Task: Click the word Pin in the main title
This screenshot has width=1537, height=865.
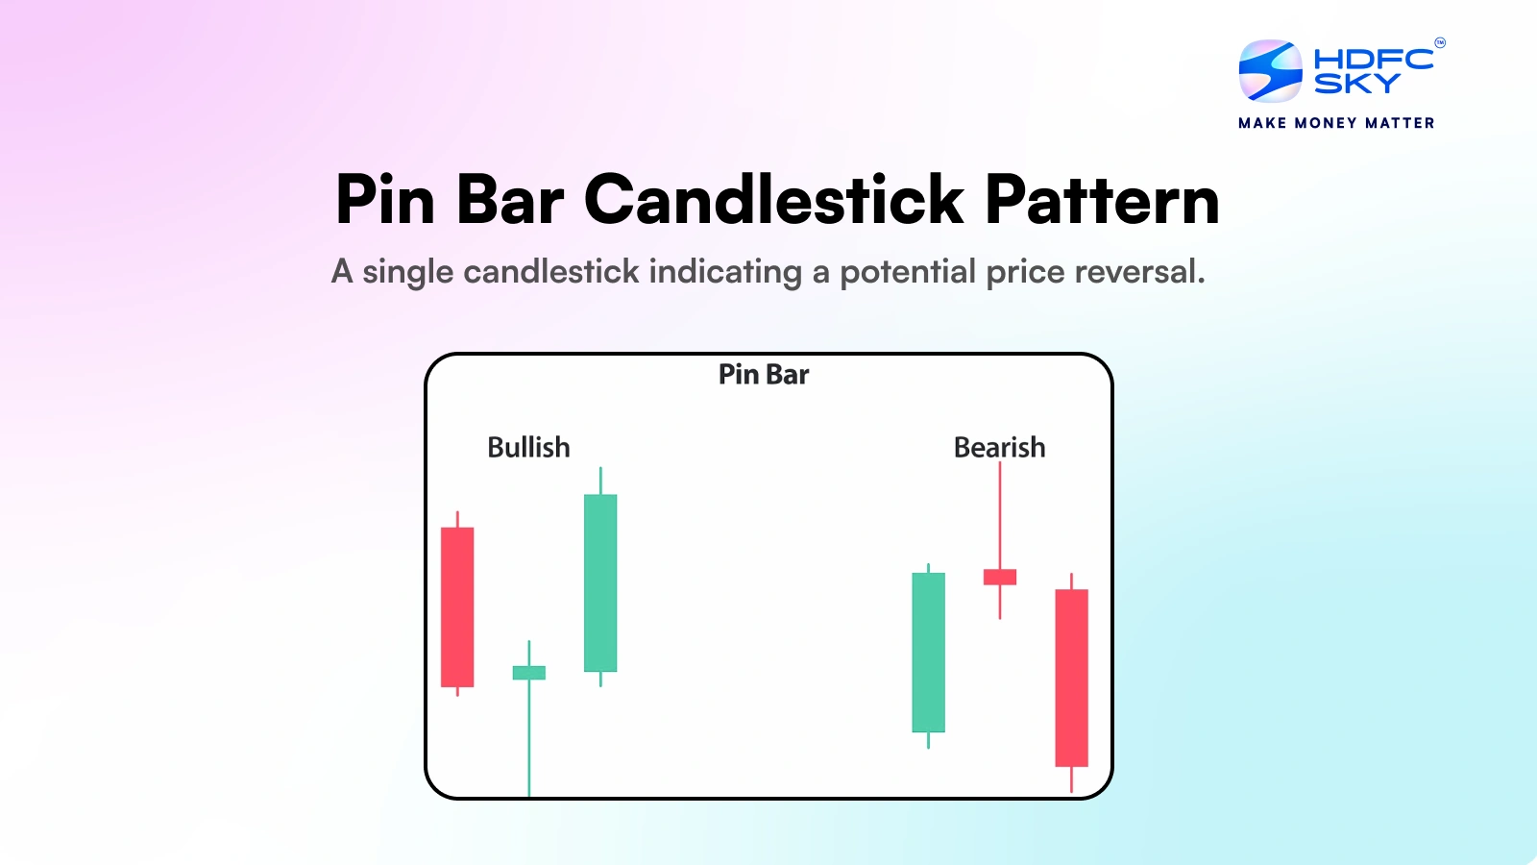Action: point(385,200)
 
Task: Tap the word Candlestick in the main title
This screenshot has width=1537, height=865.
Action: point(773,200)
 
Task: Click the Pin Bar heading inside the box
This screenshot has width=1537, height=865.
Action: point(764,375)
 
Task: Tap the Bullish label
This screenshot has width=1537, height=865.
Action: point(528,448)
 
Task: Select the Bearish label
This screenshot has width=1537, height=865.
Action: point(999,448)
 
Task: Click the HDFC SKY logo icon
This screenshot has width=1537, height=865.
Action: point(1270,71)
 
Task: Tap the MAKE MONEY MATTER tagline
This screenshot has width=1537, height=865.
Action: point(1336,123)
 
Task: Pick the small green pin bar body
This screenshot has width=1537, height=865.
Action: point(528,673)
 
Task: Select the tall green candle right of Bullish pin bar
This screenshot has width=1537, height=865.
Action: point(600,582)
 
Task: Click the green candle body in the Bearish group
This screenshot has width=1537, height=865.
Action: point(928,652)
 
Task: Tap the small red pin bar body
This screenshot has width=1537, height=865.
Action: point(999,577)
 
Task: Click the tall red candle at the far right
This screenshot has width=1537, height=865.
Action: point(1071,678)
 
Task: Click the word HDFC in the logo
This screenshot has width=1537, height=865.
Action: point(1373,59)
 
